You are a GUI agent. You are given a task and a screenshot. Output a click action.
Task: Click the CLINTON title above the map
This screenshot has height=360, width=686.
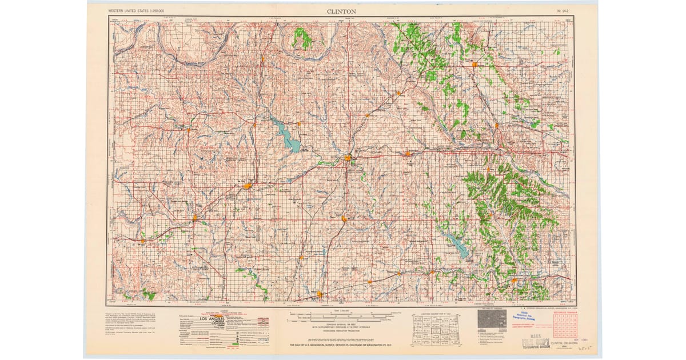(342, 11)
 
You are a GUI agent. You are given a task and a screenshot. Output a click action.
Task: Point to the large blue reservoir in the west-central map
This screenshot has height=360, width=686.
(286, 135)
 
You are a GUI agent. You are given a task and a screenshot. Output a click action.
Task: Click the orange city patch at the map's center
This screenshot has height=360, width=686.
(348, 157)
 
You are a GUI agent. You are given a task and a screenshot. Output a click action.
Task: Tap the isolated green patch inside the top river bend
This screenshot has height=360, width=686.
(302, 39)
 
